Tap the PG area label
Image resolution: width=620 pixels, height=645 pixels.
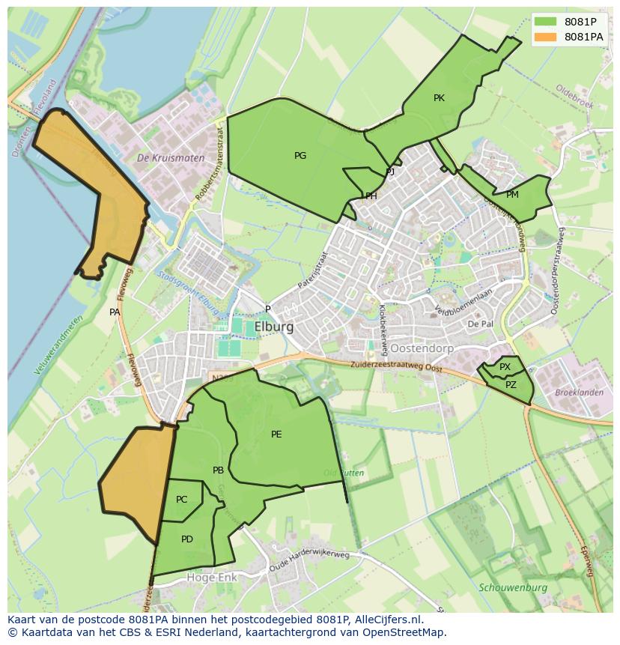[300, 156]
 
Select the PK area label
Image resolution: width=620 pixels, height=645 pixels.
[439, 98]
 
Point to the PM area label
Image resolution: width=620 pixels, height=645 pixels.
[512, 195]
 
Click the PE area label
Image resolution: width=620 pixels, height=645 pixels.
[276, 434]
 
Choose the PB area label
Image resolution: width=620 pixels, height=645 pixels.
[218, 470]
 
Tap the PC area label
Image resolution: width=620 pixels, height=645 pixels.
[182, 500]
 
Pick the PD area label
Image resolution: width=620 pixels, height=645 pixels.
[187, 539]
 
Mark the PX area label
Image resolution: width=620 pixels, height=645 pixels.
[505, 367]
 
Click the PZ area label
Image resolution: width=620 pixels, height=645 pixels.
[511, 385]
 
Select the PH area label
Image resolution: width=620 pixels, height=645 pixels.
[371, 196]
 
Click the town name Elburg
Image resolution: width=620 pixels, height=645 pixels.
[274, 327]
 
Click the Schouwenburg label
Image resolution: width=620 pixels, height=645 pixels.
[513, 588]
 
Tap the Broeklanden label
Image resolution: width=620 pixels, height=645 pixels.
[579, 393]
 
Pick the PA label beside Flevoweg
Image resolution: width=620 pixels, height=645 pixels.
[115, 312]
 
